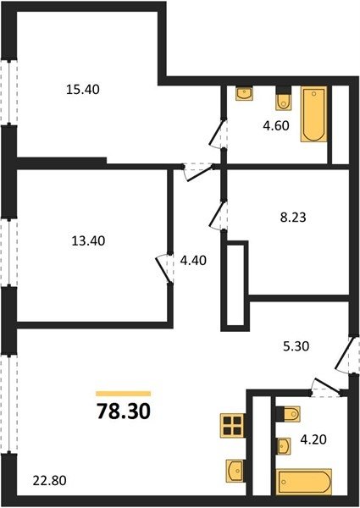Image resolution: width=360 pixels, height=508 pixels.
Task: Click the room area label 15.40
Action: [x=83, y=89]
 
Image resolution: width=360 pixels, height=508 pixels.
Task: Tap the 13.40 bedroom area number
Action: [x=88, y=240]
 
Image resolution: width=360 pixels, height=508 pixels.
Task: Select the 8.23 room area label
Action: [x=293, y=217]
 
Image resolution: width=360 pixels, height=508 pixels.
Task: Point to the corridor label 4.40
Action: [x=193, y=260]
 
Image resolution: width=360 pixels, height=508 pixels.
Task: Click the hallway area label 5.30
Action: [x=296, y=346]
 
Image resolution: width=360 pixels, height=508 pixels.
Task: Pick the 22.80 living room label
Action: [x=50, y=480]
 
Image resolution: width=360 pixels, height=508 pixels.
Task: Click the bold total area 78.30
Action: [x=124, y=411]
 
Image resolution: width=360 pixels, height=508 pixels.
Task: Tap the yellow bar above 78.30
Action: [x=123, y=394]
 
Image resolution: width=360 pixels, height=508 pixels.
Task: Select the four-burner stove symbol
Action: [x=232, y=426]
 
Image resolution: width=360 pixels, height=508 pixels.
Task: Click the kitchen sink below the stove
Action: [x=235, y=469]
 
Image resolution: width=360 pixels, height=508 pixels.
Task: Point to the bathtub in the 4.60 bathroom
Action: [x=313, y=114]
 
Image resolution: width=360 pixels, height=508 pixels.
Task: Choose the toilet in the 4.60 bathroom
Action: [x=284, y=99]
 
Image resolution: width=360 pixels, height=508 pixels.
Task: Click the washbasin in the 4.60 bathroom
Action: [x=244, y=93]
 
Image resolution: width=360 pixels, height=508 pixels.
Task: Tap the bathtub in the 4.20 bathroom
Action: [x=303, y=482]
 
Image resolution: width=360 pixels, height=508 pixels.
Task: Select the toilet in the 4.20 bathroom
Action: [x=288, y=414]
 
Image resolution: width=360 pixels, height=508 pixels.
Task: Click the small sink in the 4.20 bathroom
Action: [x=283, y=446]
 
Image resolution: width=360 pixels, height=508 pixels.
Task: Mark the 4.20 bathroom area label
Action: [x=313, y=439]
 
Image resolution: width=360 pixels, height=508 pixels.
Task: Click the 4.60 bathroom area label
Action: [x=276, y=125]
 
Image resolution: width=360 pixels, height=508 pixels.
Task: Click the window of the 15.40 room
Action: [x=9, y=91]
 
